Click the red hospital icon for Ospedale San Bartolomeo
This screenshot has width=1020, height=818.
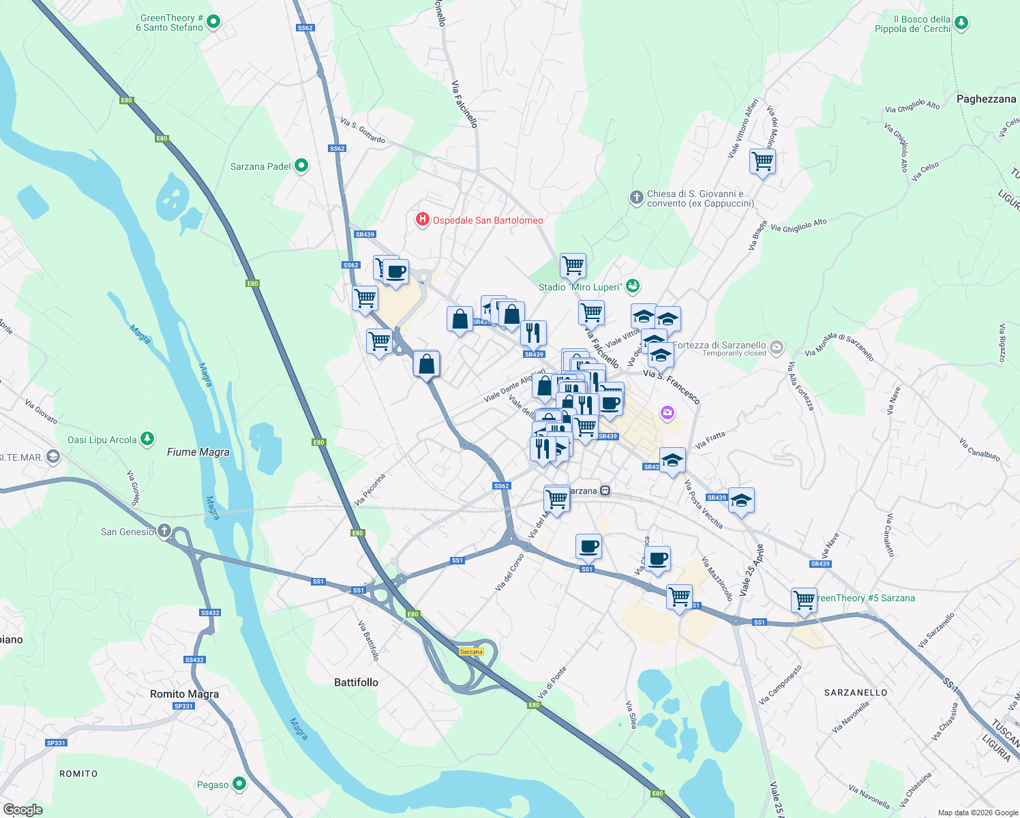423,219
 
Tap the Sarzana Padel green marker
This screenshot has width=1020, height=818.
301,166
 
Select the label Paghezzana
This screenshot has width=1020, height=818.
986,99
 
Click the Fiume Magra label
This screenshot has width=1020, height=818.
198,452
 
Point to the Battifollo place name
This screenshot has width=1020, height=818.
356,682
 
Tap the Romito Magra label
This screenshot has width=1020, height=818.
184,694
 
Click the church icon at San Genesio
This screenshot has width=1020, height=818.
164,531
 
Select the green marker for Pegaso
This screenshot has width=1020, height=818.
239,784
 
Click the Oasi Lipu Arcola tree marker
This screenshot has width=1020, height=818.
147,439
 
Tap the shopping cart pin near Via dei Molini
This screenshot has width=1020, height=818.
762,162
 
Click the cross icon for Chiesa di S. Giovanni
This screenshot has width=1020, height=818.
636,198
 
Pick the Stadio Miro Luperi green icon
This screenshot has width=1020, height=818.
633,286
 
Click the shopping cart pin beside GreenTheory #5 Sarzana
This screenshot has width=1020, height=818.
804,601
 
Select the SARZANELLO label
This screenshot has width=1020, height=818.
856,693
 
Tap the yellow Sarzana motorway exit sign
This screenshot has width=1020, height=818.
471,652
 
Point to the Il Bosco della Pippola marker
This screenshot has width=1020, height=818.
961,23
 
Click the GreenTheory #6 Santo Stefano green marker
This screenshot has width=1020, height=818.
213,22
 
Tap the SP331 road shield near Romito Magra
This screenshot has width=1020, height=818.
183,706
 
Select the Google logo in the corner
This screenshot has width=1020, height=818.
23,810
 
